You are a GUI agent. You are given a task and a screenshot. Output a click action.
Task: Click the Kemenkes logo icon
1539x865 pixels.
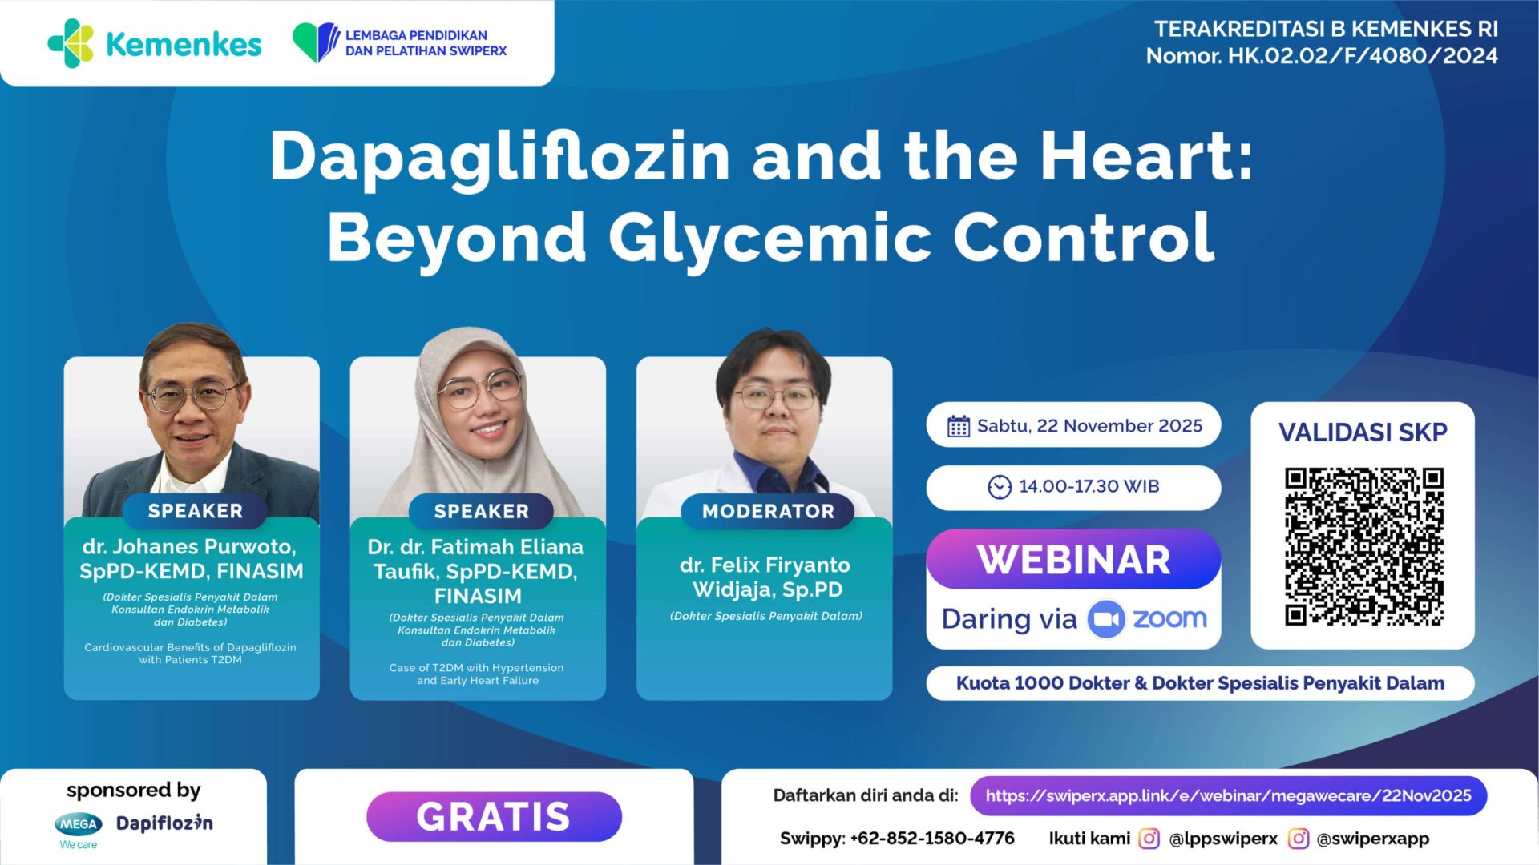point(71,43)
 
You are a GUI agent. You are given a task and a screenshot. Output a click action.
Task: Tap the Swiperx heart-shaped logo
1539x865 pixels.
point(316,42)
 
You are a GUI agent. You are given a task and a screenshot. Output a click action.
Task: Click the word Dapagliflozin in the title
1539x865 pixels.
point(499,156)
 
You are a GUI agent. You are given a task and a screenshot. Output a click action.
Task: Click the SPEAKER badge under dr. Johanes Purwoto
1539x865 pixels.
point(195,511)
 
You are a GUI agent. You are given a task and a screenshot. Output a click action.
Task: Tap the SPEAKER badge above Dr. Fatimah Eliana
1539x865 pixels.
point(481,511)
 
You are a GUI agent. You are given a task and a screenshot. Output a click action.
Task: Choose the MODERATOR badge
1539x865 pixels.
point(768,511)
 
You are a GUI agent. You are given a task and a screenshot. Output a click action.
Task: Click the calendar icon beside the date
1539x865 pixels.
point(959,426)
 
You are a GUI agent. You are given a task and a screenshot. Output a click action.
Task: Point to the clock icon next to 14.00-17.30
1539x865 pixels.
point(1000,487)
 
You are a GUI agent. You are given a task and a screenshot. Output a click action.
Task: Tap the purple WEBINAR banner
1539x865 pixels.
point(1073,560)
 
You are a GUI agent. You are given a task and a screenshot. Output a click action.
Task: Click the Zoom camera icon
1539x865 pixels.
point(1106,619)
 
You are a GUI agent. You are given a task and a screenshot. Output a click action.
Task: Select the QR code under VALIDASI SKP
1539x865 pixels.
point(1363,546)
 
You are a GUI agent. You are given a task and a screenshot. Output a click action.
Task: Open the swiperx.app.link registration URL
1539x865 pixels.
point(1228,796)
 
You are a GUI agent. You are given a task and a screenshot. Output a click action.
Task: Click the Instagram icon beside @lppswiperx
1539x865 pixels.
point(1149,839)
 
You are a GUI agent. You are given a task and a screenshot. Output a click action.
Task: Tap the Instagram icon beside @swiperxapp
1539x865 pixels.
point(1299,839)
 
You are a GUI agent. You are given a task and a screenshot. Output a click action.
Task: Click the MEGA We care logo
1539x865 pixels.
point(79,830)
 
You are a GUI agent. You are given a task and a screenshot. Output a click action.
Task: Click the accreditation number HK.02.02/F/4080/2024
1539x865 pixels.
point(1363,56)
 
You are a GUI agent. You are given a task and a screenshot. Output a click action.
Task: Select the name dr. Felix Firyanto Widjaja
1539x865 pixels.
point(765,577)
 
